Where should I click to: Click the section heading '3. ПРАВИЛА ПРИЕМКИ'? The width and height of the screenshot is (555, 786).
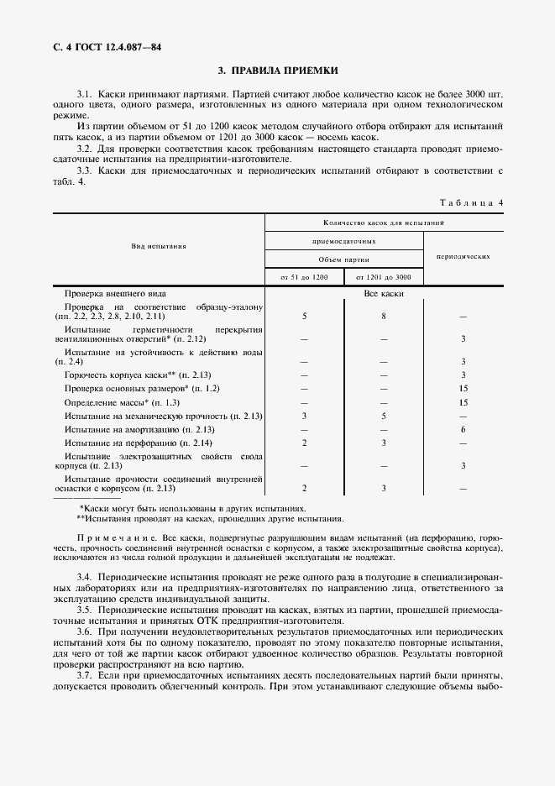[x=277, y=71]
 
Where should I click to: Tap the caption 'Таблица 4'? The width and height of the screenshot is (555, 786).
[x=471, y=202]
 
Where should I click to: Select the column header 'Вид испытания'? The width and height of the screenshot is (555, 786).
[x=158, y=247]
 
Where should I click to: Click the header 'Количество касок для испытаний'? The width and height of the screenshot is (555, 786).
[x=384, y=223]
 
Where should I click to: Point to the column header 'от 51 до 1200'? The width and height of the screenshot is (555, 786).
[x=304, y=276]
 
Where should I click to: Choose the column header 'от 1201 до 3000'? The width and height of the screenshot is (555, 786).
[x=383, y=276]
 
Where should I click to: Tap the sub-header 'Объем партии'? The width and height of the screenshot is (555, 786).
[x=343, y=259]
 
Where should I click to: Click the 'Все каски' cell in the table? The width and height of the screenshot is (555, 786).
[x=384, y=294]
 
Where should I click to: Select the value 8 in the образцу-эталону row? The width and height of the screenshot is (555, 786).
[x=383, y=317]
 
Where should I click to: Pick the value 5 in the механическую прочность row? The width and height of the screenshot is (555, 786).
[x=383, y=416]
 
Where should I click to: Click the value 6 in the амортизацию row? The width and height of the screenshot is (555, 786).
[x=463, y=429]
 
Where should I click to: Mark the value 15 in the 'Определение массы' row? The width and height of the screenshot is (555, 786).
[x=463, y=402]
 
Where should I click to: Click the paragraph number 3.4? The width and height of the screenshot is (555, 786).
[x=84, y=579]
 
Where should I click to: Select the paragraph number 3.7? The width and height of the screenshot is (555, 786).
[x=84, y=675]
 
